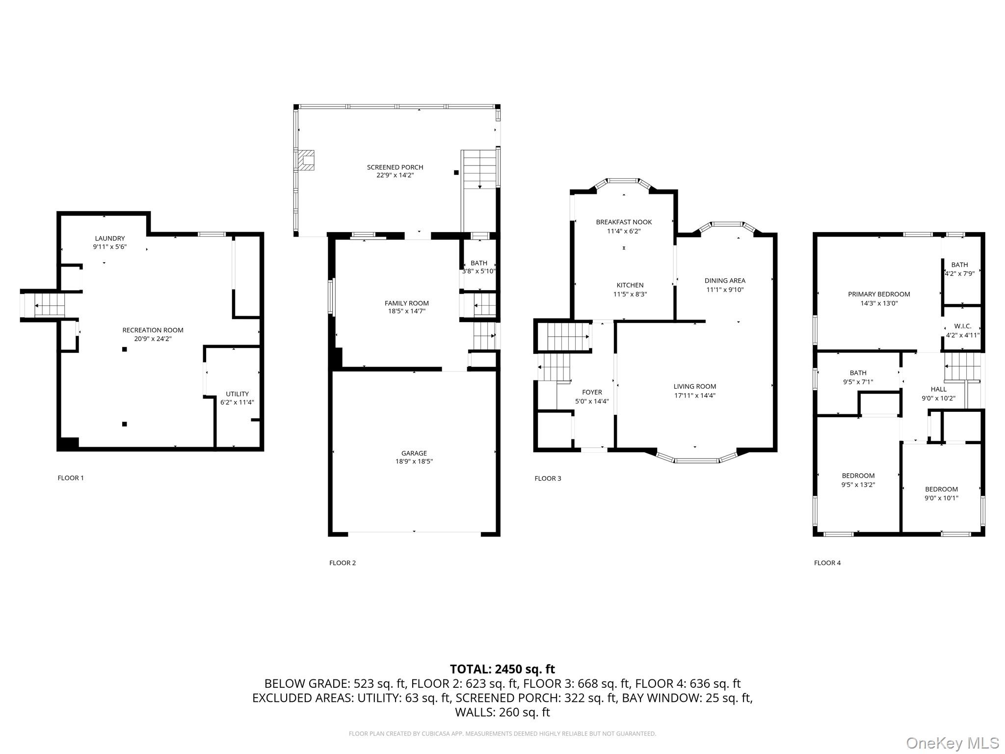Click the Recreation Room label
point(153,330)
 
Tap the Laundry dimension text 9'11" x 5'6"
point(110,247)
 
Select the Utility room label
point(237,394)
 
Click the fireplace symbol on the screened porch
point(307,160)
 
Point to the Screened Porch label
point(395,167)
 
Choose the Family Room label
point(407,303)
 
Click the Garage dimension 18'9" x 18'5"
point(414,461)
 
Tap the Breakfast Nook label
point(624,222)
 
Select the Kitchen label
point(630,285)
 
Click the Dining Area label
point(725,281)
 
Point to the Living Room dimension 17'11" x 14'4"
point(695,396)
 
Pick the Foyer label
point(592,392)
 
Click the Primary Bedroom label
point(879,295)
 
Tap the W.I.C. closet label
point(963,326)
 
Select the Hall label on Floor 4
point(939,389)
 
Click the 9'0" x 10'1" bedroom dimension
point(941,498)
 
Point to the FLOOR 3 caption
point(548,479)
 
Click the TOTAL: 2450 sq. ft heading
point(502,669)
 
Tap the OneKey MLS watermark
point(952,743)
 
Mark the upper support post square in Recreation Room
point(125,349)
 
